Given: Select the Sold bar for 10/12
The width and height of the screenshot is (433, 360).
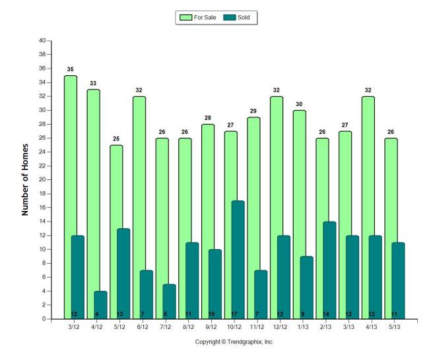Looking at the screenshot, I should coord(238,260).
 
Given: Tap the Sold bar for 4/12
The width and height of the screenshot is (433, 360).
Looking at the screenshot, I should coord(100,305).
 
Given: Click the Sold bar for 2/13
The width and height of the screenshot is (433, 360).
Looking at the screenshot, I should coord(329,270).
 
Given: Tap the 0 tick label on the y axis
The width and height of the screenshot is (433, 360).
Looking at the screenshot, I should coord(43,319).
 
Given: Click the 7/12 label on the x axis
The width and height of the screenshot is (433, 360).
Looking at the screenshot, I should coord(165,326).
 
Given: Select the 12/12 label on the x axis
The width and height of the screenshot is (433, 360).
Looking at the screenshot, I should coord(279,326).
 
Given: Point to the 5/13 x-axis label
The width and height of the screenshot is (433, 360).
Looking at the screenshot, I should coord(394,326).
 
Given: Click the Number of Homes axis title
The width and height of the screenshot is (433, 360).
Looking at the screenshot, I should coord(25,179).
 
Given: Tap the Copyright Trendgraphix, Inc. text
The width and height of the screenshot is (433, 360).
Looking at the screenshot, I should coord(234,342).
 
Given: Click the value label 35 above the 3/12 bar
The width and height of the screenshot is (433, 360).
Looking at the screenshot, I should coord(70,69).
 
